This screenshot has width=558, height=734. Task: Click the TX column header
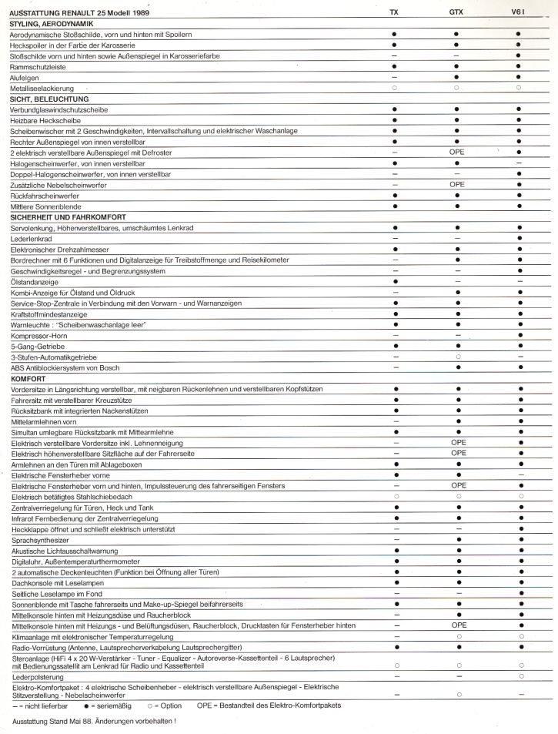tap(394, 14)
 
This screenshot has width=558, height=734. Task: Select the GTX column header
tap(456, 14)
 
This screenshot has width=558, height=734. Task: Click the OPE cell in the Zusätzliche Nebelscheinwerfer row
tap(457, 185)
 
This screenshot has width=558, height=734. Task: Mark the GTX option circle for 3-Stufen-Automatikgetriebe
tap(457, 357)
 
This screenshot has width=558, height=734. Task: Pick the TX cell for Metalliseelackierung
tap(394, 89)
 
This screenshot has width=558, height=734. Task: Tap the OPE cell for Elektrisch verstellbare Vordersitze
tap(457, 444)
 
